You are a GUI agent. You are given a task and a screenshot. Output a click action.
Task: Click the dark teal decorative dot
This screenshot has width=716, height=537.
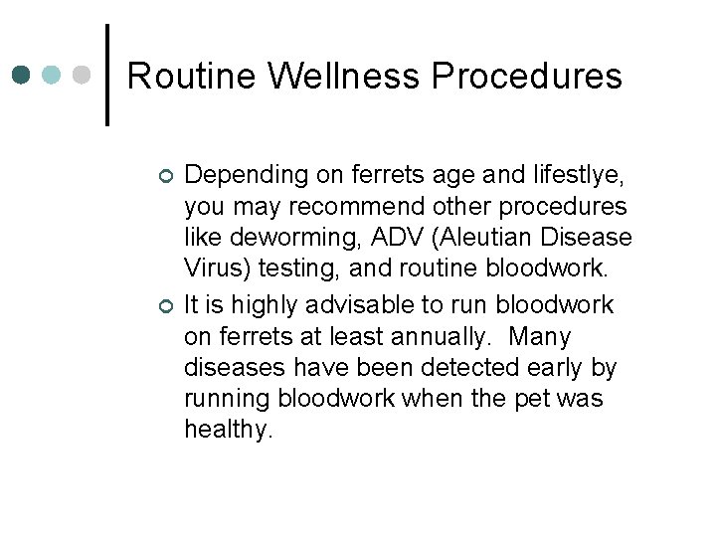click(x=22, y=76)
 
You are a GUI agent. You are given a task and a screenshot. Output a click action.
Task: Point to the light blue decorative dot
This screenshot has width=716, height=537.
click(x=53, y=76)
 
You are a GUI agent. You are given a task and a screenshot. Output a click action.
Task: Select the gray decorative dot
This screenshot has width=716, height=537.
click(x=84, y=76)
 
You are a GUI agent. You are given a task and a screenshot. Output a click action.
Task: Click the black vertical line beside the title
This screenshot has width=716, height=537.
click(x=106, y=75)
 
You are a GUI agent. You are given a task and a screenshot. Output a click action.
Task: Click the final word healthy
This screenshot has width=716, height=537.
click(x=228, y=432)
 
